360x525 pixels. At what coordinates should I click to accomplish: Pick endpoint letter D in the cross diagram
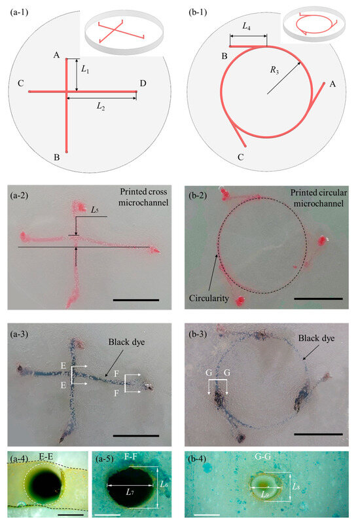coord(142,83)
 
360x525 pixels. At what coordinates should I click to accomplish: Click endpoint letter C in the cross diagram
coord(22,83)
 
